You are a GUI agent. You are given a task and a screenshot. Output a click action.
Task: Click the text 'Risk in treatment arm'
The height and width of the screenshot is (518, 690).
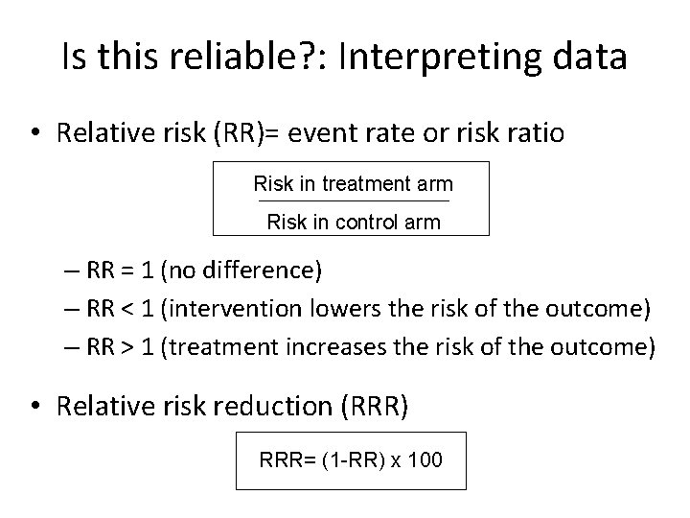[353, 182]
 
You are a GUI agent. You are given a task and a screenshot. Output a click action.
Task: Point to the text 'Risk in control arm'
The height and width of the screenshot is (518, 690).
[353, 223]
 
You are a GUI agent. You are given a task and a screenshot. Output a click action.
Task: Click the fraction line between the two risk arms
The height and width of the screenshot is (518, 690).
[353, 202]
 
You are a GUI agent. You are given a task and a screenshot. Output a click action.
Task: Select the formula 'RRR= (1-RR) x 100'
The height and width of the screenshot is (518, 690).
[351, 460]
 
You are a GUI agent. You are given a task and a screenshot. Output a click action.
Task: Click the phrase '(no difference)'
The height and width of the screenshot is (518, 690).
[241, 271]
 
